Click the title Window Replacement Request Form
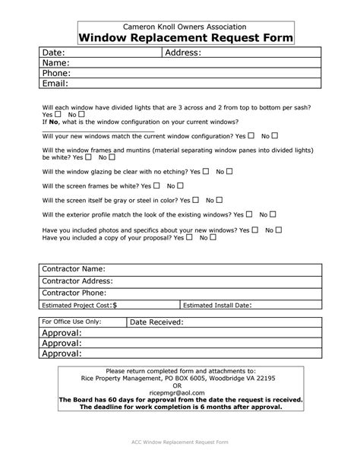pos(186,38)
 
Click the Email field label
pos(55,84)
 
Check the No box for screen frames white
pos(181,185)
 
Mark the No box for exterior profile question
pos(273,214)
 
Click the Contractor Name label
pos(73,269)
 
